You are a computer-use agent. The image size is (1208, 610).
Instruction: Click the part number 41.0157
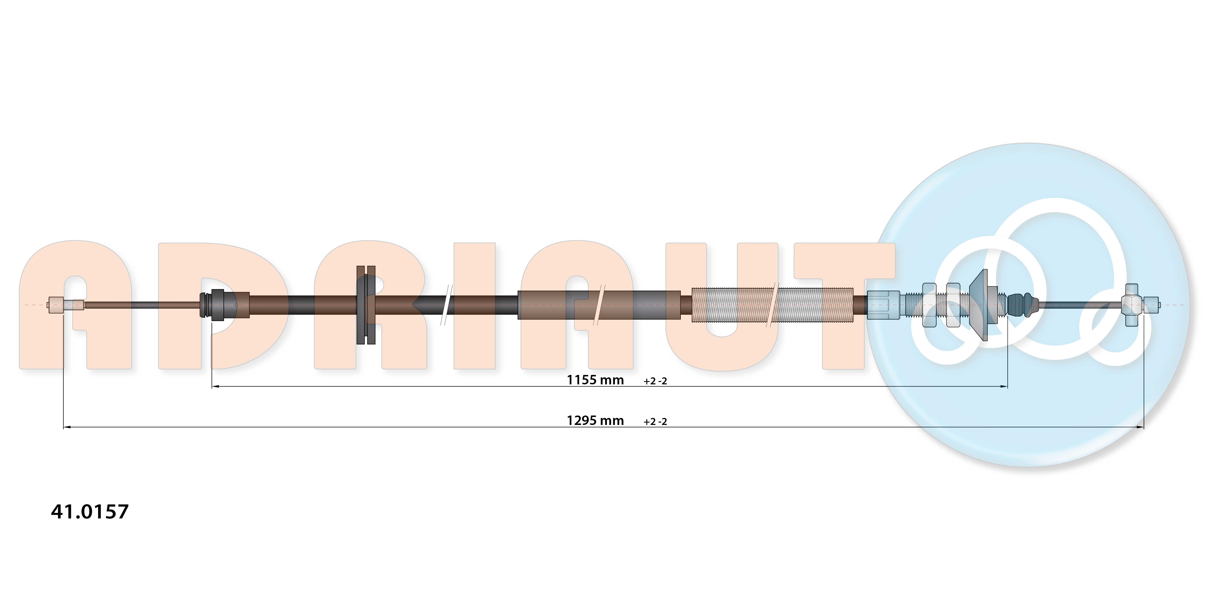click(90, 511)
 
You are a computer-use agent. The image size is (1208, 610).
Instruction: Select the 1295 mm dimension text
click(595, 421)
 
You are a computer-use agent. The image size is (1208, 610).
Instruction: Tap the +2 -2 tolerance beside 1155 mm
click(655, 381)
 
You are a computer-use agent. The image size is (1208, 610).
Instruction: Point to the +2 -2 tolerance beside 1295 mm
click(655, 422)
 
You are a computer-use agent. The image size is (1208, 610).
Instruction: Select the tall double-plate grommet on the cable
click(366, 305)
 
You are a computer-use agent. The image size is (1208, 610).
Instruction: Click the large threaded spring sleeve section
click(772, 305)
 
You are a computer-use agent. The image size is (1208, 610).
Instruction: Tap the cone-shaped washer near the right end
click(979, 305)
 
